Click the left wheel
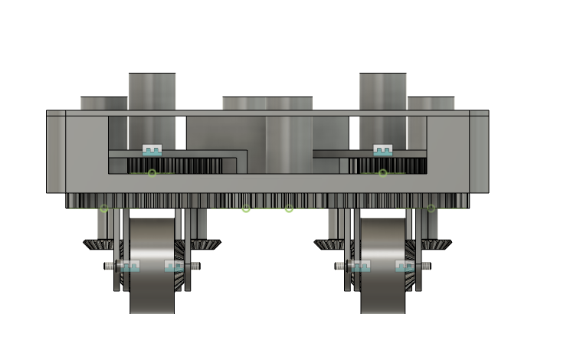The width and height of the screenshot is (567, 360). pos(152,268)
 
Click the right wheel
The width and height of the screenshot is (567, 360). pos(382,268)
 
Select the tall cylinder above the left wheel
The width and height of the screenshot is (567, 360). pos(152,92)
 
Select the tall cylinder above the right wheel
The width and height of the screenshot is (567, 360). pos(382,92)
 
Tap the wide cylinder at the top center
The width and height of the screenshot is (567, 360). pos(267,104)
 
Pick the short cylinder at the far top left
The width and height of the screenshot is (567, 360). pos(103,103)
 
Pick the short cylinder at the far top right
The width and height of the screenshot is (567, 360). pos(431,103)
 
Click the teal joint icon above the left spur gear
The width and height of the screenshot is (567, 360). pos(152,150)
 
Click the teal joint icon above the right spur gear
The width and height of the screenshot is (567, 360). pos(382,150)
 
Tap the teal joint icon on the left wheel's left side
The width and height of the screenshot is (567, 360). pos(131,267)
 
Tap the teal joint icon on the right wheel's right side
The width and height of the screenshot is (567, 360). pos(405,267)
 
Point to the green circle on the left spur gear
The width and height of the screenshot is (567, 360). pos(152,173)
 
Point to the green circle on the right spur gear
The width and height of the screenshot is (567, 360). pos(382,173)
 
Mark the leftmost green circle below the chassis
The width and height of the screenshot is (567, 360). pos(103,208)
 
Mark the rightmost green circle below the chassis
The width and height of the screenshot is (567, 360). pos(431,208)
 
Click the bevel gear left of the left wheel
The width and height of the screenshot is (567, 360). pos(97,244)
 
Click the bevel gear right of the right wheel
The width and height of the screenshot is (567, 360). pos(437,244)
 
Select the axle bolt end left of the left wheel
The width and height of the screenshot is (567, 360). pos(108,267)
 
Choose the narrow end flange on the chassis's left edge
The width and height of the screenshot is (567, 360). pos(55,153)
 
